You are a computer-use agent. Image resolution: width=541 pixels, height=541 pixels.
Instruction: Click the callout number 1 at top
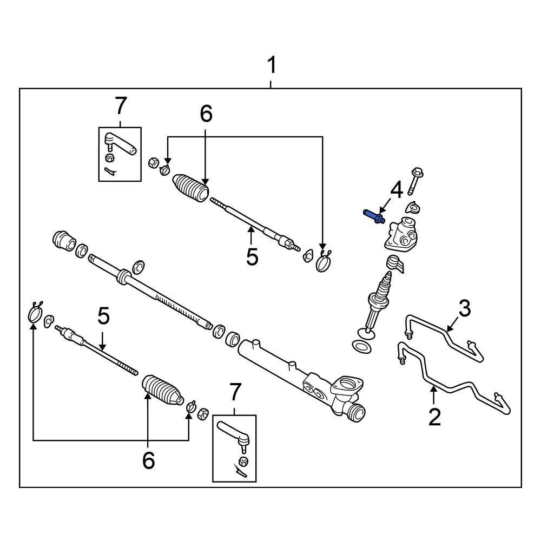(x=272, y=66)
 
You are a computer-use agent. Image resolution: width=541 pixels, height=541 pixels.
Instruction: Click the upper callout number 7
(x=120, y=105)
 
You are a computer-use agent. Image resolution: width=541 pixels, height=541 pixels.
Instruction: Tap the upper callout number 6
(x=206, y=114)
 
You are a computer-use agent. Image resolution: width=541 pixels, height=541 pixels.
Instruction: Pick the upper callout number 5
(x=252, y=256)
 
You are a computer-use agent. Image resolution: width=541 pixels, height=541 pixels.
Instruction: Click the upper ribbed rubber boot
(x=190, y=188)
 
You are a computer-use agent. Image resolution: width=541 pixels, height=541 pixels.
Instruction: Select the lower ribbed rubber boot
(x=162, y=391)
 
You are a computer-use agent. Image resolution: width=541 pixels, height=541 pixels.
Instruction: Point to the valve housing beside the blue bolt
(x=401, y=234)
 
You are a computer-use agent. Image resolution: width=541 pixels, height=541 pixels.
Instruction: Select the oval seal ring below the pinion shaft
(x=361, y=346)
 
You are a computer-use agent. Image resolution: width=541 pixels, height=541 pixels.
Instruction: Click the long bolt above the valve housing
(x=415, y=181)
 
